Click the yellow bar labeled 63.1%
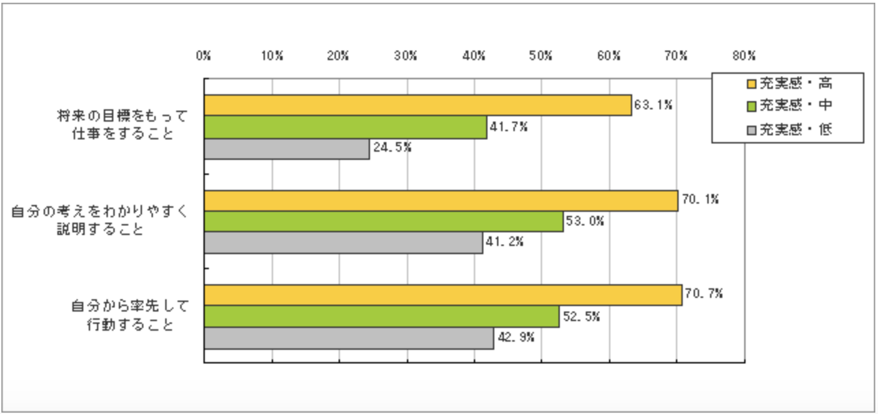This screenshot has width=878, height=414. tap(418, 106)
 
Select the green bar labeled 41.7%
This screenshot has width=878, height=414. tap(345, 127)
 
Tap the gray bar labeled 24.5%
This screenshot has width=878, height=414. tap(287, 148)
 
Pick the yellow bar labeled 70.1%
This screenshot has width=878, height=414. tap(441, 201)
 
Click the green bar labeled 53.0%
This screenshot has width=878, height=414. tap(384, 222)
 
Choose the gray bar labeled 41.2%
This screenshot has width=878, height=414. tap(343, 243)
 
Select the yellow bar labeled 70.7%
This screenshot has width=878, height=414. tap(443, 295)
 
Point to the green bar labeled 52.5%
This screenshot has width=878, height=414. tap(382, 317)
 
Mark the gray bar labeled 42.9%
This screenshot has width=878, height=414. tap(349, 337)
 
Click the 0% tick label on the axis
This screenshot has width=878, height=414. tap(203, 56)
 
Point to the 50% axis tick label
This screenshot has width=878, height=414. tap(541, 56)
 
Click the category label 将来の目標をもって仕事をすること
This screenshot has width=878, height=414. tap(122, 125)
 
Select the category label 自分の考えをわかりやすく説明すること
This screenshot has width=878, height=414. tap(98, 221)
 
